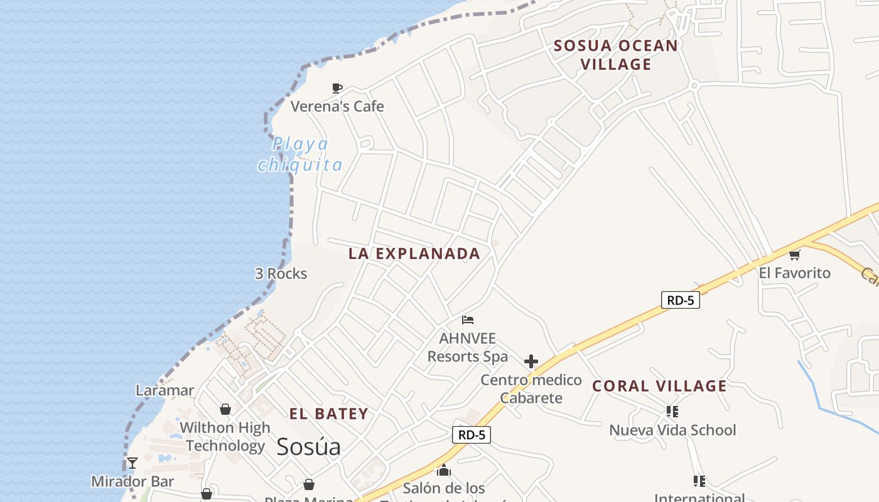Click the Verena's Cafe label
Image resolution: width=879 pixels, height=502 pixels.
pyautogui.click(x=337, y=106)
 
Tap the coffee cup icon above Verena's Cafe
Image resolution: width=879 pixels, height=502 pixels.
pyautogui.click(x=337, y=88)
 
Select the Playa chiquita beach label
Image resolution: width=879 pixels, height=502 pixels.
pyautogui.click(x=300, y=154)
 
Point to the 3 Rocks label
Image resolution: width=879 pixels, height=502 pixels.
pyautogui.click(x=281, y=274)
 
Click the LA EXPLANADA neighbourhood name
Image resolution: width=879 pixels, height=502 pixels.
pyautogui.click(x=414, y=254)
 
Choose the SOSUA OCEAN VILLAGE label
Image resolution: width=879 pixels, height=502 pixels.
pyautogui.click(x=615, y=55)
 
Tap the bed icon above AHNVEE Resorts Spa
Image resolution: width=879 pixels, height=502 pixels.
pyautogui.click(x=467, y=320)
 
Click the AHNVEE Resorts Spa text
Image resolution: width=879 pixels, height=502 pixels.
pyautogui.click(x=468, y=348)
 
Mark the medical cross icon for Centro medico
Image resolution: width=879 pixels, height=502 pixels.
pyautogui.click(x=531, y=361)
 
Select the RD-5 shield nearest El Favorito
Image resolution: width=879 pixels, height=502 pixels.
pyautogui.click(x=681, y=300)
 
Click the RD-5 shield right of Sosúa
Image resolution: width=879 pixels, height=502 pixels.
pyautogui.click(x=472, y=435)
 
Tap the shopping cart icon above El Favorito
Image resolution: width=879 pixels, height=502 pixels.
pyautogui.click(x=795, y=255)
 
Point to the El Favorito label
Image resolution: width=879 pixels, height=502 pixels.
pyautogui.click(x=794, y=273)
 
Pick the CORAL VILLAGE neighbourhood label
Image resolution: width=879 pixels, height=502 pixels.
pyautogui.click(x=659, y=386)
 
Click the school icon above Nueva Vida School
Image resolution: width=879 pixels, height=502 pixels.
pyautogui.click(x=672, y=412)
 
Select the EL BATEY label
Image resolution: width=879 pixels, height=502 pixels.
pyautogui.click(x=328, y=414)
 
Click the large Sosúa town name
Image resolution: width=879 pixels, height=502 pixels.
pyautogui.click(x=308, y=447)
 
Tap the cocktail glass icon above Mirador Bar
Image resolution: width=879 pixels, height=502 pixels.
pyautogui.click(x=132, y=463)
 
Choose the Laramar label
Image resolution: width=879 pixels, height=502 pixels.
pyautogui.click(x=165, y=390)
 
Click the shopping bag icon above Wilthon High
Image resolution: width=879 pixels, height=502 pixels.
pyautogui.click(x=225, y=410)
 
